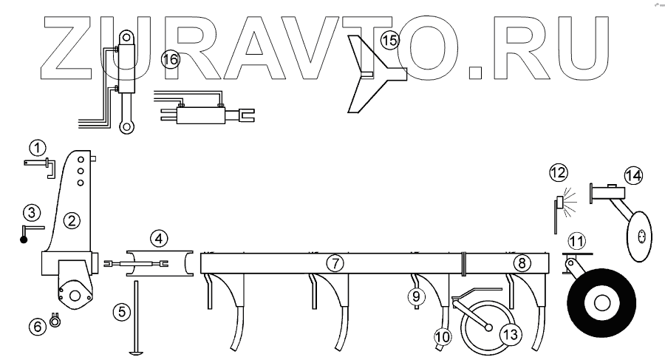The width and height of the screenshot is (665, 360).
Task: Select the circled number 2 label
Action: point(71,220)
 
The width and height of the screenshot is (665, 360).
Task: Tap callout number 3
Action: point(30,213)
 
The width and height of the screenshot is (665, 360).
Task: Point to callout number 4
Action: point(159,239)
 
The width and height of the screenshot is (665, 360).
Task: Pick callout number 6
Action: point(36,325)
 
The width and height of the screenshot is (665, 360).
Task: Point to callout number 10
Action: point(442,336)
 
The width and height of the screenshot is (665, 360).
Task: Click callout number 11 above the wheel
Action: point(576,240)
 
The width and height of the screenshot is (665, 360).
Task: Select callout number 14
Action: point(632,176)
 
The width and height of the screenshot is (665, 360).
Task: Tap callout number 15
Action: point(389,39)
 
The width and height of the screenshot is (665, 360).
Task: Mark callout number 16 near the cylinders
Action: point(171,60)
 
